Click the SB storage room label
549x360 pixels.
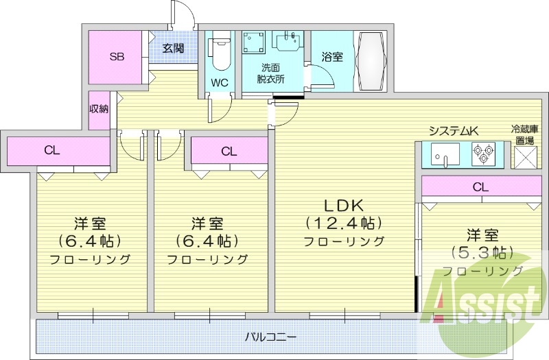117,57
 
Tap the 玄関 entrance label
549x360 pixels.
173,48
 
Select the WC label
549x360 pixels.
220,83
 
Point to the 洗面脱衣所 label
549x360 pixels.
271,73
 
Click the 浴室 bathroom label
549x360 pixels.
332,57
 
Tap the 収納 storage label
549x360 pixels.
99,109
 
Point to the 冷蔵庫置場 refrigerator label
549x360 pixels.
525,134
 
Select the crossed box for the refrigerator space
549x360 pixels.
525,157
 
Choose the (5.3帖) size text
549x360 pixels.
480,251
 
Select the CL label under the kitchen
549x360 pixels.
480,186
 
